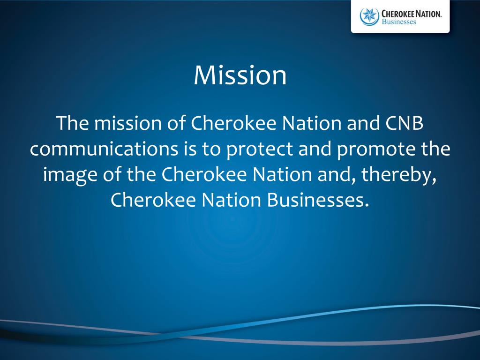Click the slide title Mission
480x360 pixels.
click(240, 75)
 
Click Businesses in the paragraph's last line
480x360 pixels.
click(315, 200)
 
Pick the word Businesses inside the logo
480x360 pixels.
click(399, 22)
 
